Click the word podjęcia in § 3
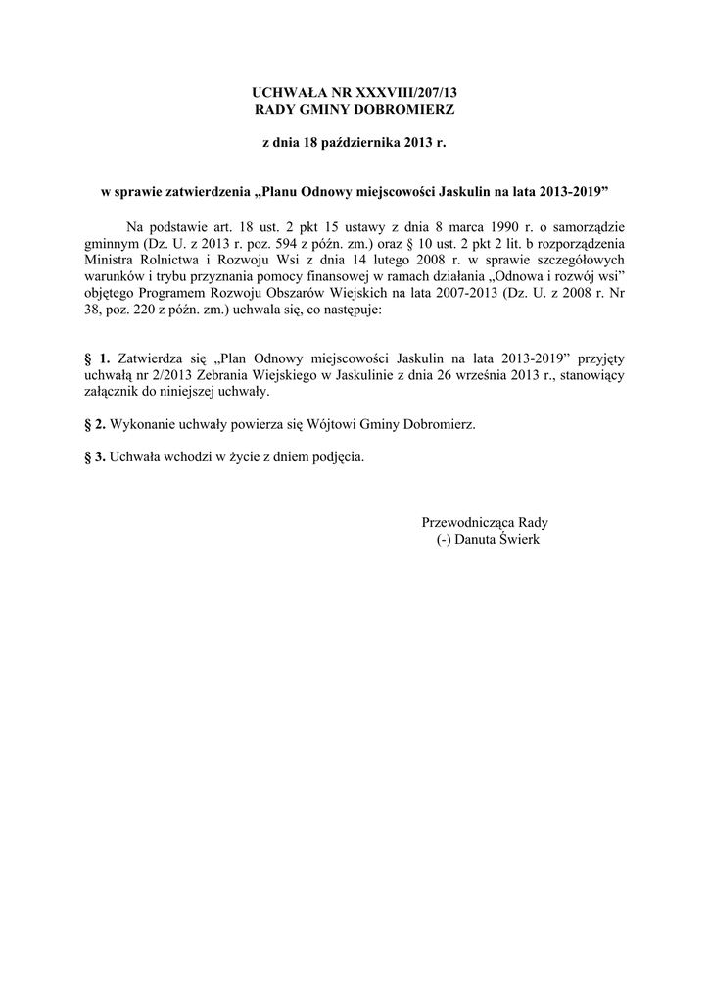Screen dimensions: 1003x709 point(338,457)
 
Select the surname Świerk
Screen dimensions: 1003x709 point(518,540)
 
